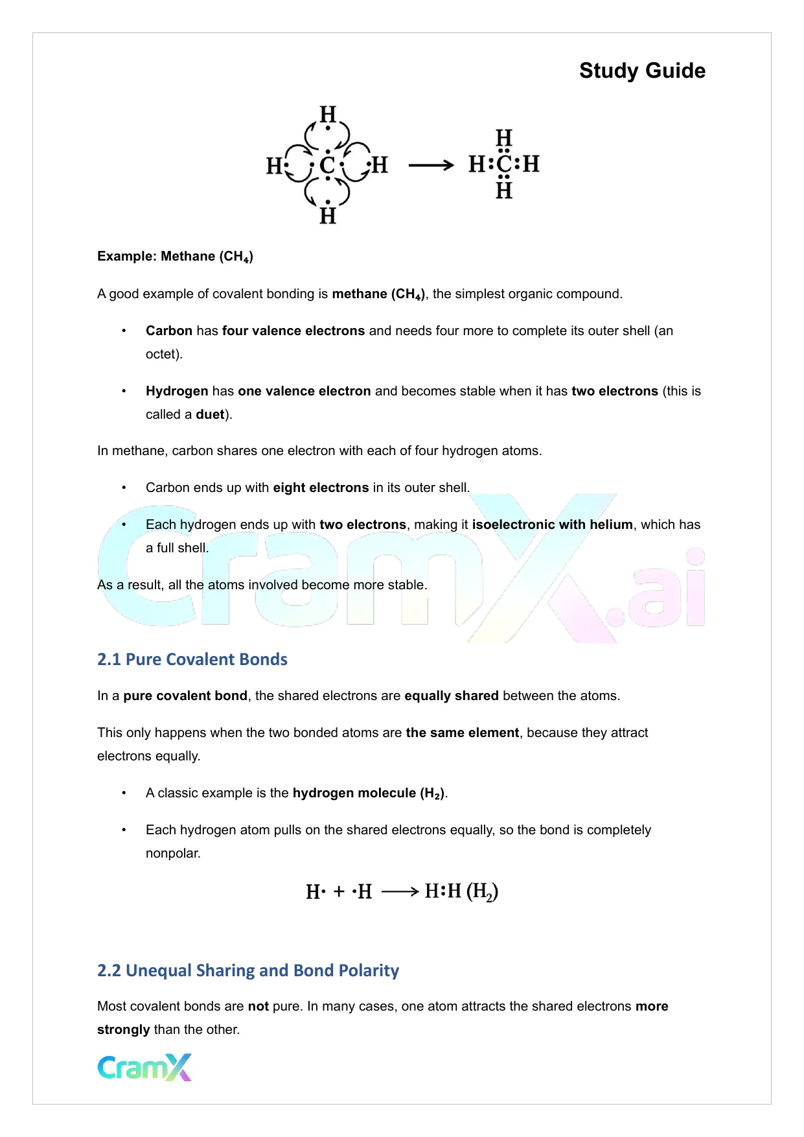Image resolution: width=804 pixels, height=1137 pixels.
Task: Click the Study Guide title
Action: tap(642, 71)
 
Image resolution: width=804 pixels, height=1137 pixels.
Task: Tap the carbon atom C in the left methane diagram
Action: tap(328, 165)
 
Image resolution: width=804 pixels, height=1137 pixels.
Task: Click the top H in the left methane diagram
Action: tap(328, 115)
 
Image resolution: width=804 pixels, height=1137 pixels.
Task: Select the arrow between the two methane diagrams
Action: tap(431, 166)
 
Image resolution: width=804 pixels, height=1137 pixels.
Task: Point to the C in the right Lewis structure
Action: tap(504, 164)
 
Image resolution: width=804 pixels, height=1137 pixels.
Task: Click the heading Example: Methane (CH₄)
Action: tap(175, 257)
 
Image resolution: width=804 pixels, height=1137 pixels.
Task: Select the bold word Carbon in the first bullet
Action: tap(169, 331)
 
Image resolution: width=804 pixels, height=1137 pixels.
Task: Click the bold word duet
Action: tap(210, 414)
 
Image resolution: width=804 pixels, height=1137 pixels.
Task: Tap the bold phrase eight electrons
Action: tap(321, 487)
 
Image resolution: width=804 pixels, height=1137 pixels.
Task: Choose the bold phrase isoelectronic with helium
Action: tap(552, 524)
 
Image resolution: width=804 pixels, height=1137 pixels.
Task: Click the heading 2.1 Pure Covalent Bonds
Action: tap(192, 659)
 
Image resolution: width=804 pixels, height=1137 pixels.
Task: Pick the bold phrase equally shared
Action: tap(452, 696)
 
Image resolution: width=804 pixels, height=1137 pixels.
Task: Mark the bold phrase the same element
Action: tap(463, 733)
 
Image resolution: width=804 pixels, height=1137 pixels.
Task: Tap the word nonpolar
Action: tap(172, 853)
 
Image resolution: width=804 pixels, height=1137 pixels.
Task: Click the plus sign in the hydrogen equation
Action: tap(339, 892)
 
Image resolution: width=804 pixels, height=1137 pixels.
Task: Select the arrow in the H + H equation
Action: tap(400, 892)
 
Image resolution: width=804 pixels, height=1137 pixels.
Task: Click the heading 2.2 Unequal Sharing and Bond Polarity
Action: tap(248, 970)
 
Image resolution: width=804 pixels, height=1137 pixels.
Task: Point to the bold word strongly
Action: tap(124, 1029)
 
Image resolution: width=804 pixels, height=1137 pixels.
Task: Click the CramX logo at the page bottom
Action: tap(144, 1068)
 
